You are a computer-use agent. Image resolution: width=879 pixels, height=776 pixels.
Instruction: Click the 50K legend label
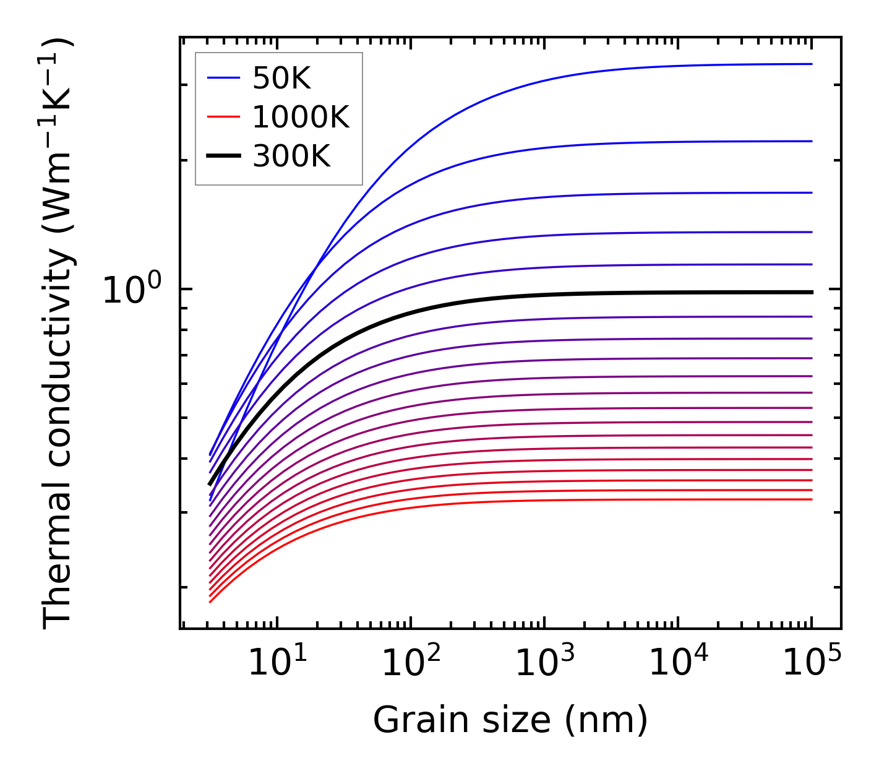(x=281, y=78)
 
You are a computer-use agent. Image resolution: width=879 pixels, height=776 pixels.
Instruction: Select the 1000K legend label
(x=301, y=117)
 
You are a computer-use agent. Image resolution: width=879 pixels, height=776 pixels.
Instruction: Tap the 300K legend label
(x=291, y=157)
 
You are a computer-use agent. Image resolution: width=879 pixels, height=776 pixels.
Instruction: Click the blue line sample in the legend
(x=223, y=78)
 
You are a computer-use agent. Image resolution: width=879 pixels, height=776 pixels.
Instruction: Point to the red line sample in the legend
(x=223, y=117)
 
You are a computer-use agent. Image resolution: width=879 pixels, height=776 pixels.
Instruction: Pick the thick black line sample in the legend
(x=223, y=157)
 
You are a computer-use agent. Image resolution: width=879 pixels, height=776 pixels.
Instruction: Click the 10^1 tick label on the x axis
(x=277, y=663)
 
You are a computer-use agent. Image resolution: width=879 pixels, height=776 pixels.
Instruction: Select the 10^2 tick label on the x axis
(x=411, y=663)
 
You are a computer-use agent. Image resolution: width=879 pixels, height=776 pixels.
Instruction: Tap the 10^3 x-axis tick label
(x=544, y=663)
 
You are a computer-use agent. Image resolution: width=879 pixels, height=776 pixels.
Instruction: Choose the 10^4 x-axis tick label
(x=678, y=663)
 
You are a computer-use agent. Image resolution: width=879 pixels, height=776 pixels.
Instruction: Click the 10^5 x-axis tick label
(x=812, y=663)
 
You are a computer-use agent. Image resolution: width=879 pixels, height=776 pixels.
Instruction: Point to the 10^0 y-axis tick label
(x=132, y=289)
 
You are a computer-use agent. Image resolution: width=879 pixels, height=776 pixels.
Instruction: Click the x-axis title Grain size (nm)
(x=510, y=720)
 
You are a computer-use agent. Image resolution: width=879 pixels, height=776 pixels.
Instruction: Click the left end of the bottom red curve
(x=210, y=601)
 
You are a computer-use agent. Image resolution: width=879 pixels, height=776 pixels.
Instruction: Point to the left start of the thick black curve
(x=210, y=485)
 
